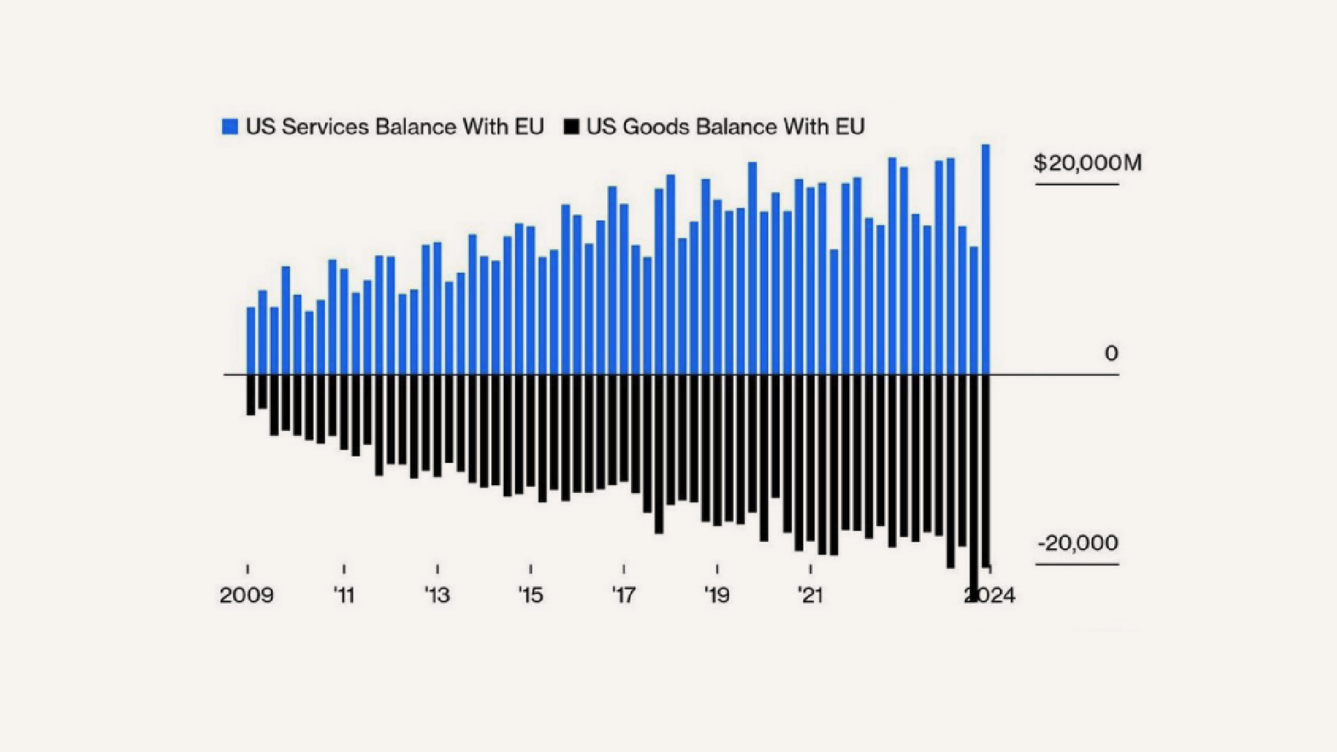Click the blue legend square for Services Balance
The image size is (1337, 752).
(230, 127)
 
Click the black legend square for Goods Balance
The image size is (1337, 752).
(571, 127)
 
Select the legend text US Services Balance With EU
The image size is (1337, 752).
(394, 127)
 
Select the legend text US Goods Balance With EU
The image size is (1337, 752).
(725, 127)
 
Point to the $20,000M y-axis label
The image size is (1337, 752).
(1088, 163)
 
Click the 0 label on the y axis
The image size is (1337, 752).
(1111, 354)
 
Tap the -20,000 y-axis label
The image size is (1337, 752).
(1078, 543)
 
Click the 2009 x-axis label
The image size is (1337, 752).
(247, 595)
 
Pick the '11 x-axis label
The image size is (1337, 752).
(344, 595)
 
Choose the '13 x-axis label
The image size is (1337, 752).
(437, 595)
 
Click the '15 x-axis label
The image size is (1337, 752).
(531, 595)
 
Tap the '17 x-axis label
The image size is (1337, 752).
(624, 595)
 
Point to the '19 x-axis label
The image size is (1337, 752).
(717, 595)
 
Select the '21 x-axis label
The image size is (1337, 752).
(811, 595)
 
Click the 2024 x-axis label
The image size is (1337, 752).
(990, 595)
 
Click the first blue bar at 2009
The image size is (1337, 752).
(251, 341)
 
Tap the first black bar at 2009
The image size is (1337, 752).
(251, 395)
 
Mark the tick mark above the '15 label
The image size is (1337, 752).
(531, 569)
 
